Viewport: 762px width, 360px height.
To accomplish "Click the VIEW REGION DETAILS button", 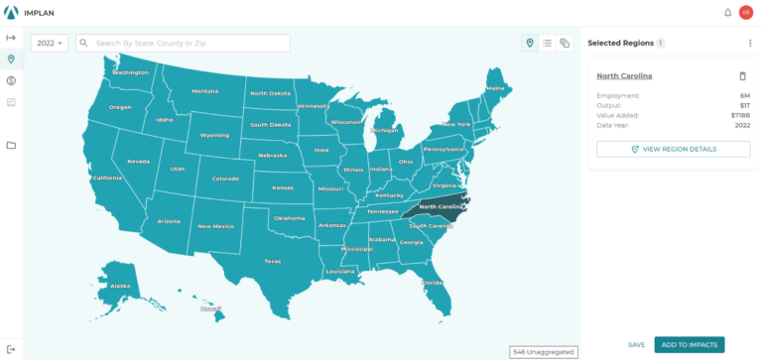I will (673, 149).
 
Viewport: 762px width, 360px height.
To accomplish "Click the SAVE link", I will (636, 344).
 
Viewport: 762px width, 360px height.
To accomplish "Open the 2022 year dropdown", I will (50, 44).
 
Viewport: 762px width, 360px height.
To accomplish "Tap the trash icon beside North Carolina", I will (742, 76).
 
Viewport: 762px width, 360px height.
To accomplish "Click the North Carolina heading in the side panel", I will (624, 76).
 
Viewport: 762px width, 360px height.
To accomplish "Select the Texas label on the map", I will (272, 261).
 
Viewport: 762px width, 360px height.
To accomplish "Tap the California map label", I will (106, 179).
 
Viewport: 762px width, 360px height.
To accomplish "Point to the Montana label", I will (205, 91).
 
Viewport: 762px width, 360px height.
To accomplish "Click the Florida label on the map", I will (432, 282).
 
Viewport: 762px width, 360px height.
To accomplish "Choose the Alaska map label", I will (120, 286).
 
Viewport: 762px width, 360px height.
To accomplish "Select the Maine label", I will (495, 88).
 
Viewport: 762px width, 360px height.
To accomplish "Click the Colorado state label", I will (225, 180).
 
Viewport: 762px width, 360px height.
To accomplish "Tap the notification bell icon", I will (727, 12).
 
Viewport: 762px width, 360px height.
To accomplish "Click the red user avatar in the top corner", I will (746, 12).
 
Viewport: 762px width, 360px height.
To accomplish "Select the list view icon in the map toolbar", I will (547, 44).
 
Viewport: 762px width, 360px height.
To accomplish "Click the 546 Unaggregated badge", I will (543, 351).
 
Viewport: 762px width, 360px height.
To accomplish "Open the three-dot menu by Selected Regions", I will (749, 44).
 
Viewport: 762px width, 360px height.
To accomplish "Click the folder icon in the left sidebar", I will (11, 145).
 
